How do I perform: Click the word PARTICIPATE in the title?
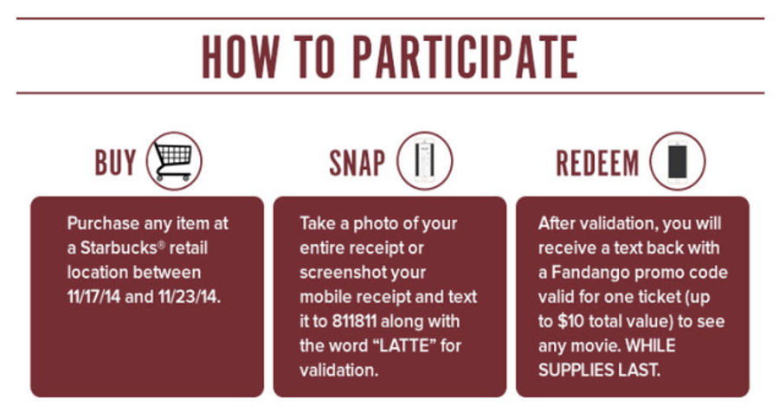465,56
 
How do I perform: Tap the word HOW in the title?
241,56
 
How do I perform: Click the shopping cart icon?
174,161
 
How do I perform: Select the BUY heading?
115,163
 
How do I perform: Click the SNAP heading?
357,163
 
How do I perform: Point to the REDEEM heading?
597,163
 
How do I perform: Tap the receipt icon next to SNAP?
425,161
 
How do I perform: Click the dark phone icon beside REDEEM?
678,161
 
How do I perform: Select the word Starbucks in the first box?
119,248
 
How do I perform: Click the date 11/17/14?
93,297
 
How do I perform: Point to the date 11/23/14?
190,297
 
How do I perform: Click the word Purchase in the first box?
103,223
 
